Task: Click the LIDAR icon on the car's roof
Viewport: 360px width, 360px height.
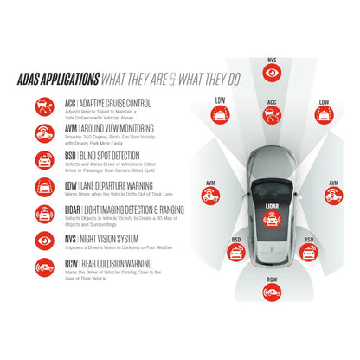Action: point(271,221)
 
